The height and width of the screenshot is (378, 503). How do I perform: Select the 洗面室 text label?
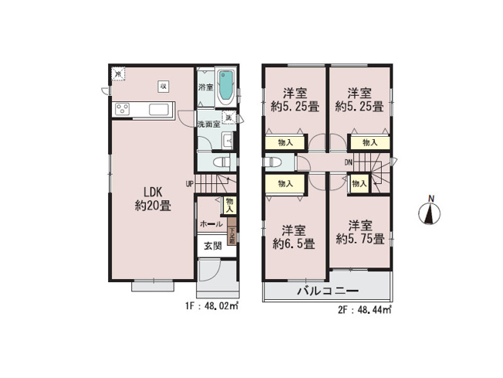tap(208, 124)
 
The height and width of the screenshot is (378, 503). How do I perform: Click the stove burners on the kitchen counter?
tap(124, 107)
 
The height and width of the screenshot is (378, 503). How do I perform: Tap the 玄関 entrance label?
tap(212, 246)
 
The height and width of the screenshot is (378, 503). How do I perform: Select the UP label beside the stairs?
tap(189, 183)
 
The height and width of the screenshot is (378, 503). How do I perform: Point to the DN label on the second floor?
tap(349, 162)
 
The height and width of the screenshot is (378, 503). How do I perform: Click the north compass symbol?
tap(430, 211)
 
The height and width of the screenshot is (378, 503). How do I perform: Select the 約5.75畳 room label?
tap(360, 233)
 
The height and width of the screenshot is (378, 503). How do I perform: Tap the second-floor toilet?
tap(272, 163)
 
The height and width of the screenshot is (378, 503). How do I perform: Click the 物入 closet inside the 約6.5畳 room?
tap(285, 184)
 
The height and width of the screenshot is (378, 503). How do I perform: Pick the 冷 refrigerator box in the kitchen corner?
tap(118, 74)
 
